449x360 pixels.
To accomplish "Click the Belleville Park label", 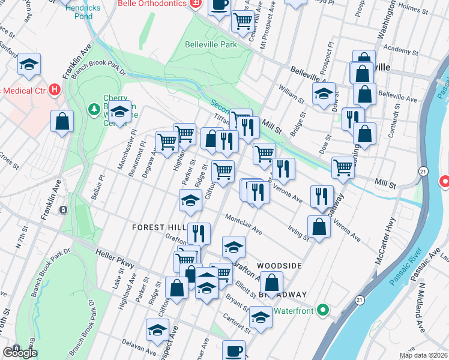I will click(x=211, y=44).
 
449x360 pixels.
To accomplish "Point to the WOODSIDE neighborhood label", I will click(x=279, y=265).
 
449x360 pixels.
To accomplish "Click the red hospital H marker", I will click(x=55, y=91).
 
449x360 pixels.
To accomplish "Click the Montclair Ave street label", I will click(x=244, y=224).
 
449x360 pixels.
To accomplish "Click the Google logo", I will click(x=19, y=352).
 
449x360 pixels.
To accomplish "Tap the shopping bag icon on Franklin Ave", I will click(x=62, y=122).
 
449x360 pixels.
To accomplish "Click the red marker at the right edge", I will click(x=445, y=181).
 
